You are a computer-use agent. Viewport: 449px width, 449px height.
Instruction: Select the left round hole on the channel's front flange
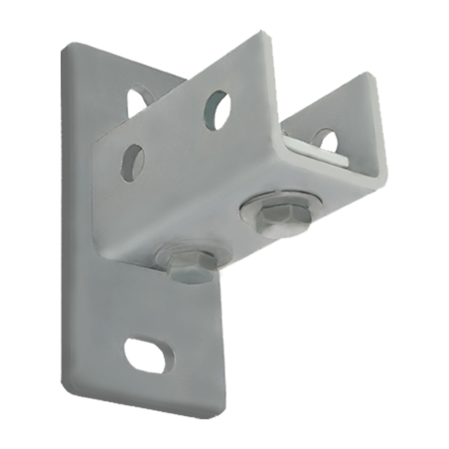(x=132, y=162)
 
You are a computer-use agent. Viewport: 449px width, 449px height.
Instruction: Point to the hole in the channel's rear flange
(x=325, y=139)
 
